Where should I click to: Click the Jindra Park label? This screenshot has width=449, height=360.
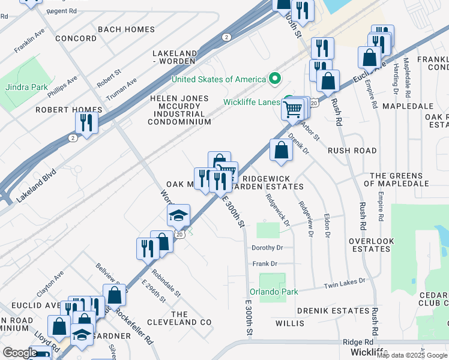[x=26, y=87]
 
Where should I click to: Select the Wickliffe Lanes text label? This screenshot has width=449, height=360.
[x=252, y=102]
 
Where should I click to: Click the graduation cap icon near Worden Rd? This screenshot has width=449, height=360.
[x=178, y=215]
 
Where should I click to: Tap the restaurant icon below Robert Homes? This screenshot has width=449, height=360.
[x=86, y=122]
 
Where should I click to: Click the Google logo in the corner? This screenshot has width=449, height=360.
[x=20, y=353]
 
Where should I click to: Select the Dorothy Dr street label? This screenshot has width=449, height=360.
[x=267, y=247]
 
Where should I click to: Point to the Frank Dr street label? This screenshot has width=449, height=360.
[x=265, y=263]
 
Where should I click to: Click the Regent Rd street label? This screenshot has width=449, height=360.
[x=61, y=11]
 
